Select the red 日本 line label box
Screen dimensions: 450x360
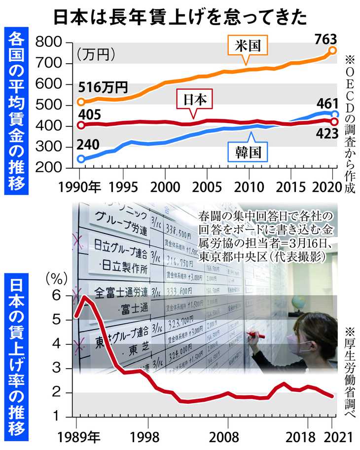(x=194, y=100)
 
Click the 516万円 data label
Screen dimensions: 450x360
(x=103, y=88)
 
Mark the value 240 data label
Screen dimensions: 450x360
(x=88, y=145)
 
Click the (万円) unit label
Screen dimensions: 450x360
(x=97, y=52)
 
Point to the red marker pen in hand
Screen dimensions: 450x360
(x=256, y=336)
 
